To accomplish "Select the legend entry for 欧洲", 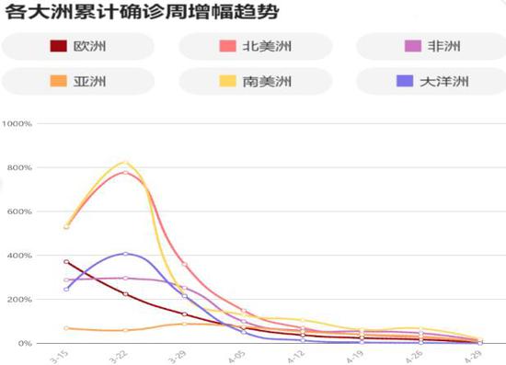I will tap(77, 46).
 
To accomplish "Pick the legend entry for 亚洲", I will tap(77, 82).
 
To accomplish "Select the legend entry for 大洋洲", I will tap(431, 82).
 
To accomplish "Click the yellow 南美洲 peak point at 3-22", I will tap(126, 163).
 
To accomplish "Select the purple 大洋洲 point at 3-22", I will tap(126, 253).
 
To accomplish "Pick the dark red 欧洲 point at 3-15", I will tap(66, 262).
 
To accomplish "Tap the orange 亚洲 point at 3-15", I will tap(66, 328).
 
